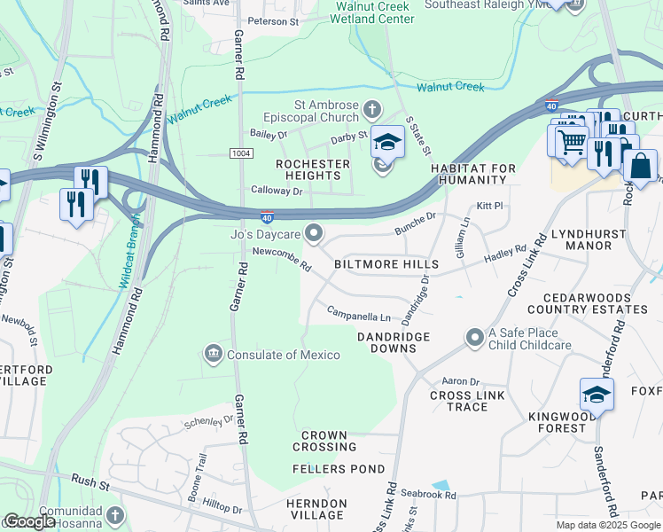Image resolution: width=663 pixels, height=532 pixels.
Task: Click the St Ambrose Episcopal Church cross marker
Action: pyautogui.click(x=372, y=111)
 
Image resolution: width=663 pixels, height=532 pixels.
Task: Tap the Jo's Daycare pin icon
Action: pyautogui.click(x=314, y=233)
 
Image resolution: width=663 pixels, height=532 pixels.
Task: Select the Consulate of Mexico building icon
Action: pyautogui.click(x=213, y=355)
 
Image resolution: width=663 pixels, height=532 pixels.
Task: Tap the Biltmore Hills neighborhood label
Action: pyautogui.click(x=386, y=265)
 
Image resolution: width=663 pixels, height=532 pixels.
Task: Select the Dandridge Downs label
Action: pyautogui.click(x=394, y=342)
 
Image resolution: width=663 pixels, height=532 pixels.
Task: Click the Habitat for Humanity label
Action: pyautogui.click(x=469, y=174)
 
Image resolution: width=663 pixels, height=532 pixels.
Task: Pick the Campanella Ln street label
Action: pyautogui.click(x=359, y=315)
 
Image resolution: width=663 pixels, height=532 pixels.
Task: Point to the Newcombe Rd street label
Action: pyautogui.click(x=282, y=259)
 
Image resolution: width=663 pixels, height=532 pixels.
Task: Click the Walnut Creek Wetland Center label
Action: pyautogui.click(x=373, y=12)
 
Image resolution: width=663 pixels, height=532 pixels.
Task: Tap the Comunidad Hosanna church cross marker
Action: pyautogui.click(x=114, y=515)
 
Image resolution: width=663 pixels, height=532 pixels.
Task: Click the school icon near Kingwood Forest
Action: pyautogui.click(x=597, y=394)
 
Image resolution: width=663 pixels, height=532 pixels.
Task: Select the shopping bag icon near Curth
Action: pyautogui.click(x=640, y=166)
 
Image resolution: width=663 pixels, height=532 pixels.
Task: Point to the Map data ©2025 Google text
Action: pyautogui.click(x=608, y=525)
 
